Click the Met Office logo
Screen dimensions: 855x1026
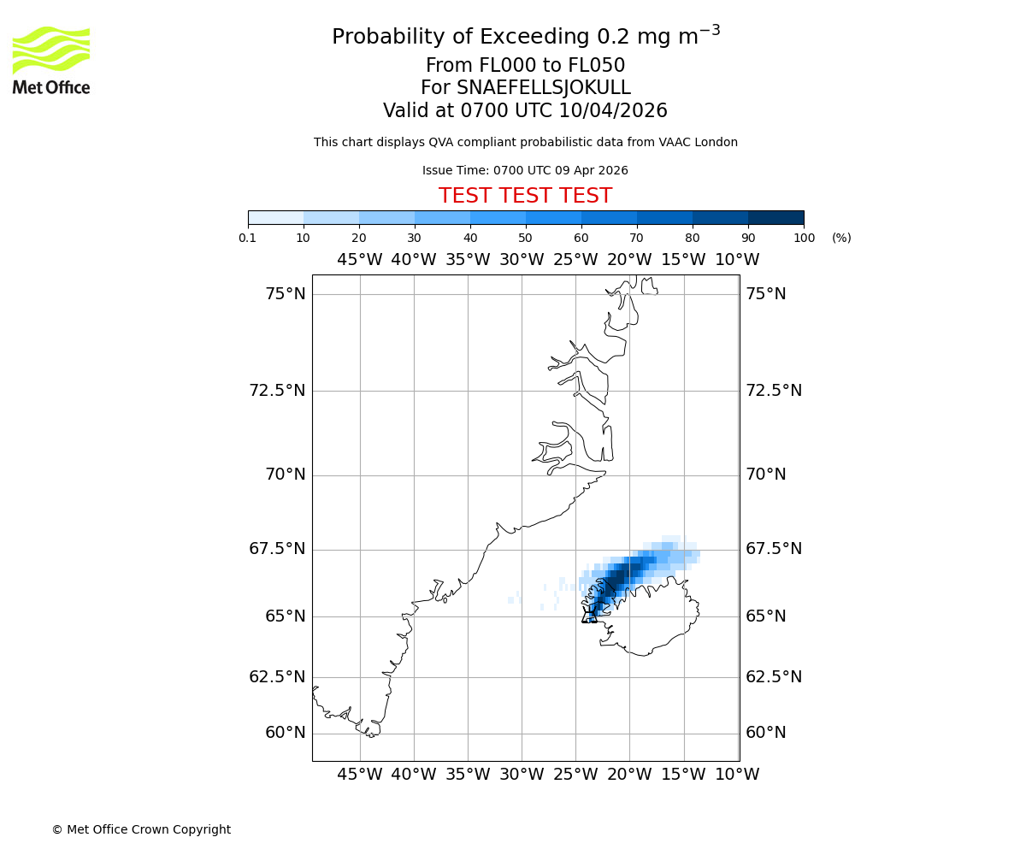pos(51,60)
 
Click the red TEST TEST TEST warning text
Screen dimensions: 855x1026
pos(525,197)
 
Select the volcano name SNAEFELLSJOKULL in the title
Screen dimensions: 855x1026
pos(525,88)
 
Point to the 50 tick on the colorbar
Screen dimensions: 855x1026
pos(525,238)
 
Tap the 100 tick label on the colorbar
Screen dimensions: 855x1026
pos(804,238)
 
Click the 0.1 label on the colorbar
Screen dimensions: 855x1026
pos(248,238)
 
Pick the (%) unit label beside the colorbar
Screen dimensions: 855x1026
pos(841,238)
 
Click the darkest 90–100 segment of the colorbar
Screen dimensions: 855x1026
pos(775,217)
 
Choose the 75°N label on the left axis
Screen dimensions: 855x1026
pos(285,294)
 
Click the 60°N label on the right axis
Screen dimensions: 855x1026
pos(765,733)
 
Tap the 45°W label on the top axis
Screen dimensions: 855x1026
pos(359,260)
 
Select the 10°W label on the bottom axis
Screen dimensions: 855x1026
pos(737,775)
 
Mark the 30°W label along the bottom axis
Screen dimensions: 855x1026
pos(522,775)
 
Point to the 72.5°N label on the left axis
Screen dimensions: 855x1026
pos(277,391)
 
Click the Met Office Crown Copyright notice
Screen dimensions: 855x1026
pos(141,829)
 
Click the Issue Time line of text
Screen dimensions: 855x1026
pos(525,170)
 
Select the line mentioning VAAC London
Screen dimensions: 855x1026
pos(525,143)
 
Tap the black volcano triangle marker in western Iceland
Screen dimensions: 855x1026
pos(590,616)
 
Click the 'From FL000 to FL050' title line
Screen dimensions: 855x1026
pos(525,66)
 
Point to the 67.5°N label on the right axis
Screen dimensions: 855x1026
pos(774,549)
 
